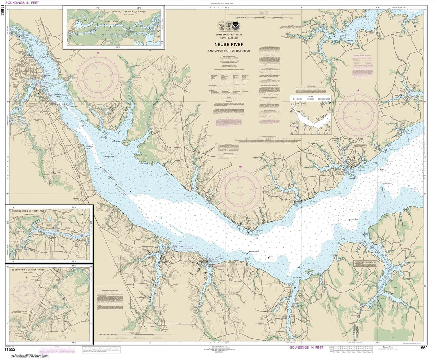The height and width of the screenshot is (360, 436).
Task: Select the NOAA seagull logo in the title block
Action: (236, 26)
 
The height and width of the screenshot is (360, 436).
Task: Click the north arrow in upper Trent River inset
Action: (82, 214)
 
